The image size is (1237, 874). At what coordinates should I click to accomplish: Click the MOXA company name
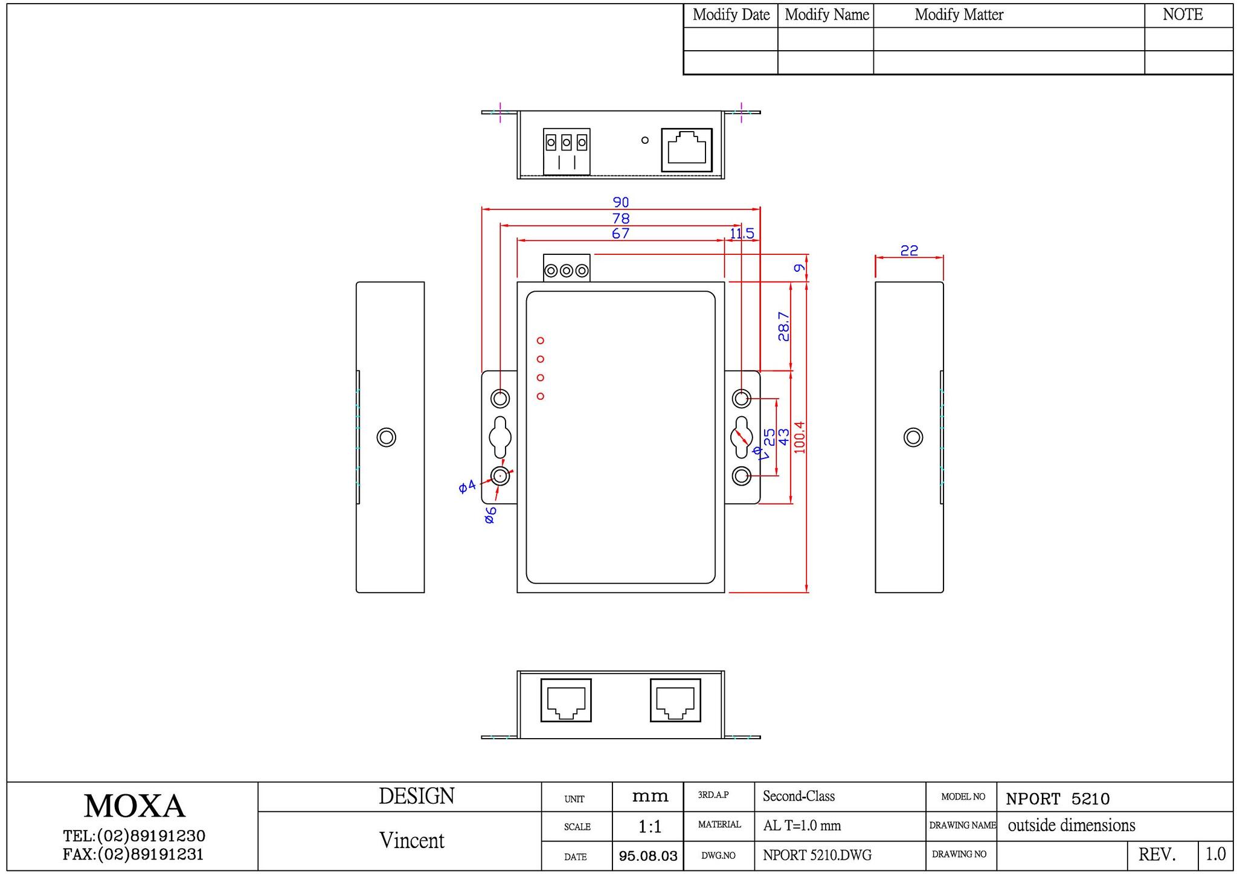pos(134,806)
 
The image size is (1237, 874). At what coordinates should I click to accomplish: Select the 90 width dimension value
pos(621,202)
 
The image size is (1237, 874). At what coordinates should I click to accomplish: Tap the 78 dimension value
pos(621,218)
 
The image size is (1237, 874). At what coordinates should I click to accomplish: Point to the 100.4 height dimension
pos(800,437)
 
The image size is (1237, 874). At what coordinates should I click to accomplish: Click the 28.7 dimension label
pos(784,326)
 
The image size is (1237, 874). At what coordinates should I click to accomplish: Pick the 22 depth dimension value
pos(909,250)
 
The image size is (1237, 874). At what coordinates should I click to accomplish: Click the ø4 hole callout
pos(467,486)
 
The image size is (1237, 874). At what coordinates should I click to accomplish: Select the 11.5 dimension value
pos(742,234)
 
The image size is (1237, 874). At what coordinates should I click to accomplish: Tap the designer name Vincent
pos(412,840)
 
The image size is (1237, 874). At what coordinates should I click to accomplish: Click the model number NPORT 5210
pos(1058,799)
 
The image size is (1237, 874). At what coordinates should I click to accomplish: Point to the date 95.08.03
pos(648,856)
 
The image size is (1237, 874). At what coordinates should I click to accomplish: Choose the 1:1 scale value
pos(649,826)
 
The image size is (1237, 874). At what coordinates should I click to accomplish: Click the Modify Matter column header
pos(959,15)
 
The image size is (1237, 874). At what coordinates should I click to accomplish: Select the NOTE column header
pos(1183,14)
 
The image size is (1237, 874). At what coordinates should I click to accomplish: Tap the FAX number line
pos(133,855)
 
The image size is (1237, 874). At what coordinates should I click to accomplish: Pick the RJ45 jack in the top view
pos(687,150)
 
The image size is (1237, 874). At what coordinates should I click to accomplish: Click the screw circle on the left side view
pos(387,437)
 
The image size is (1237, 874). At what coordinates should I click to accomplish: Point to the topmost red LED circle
pos(541,341)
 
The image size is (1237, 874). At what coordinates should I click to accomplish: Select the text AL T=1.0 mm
pos(802,826)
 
